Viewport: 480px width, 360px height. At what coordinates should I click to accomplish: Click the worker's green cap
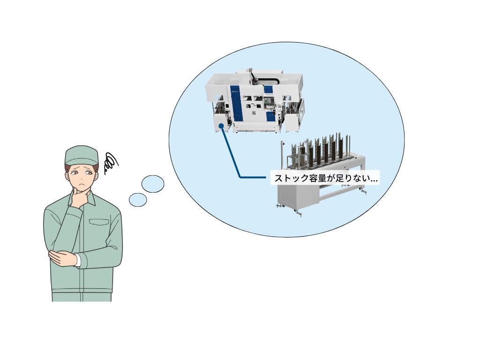coord(81,156)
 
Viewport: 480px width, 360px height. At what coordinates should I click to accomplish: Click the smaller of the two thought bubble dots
coord(138,200)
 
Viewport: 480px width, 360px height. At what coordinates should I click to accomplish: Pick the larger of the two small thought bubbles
coord(153,184)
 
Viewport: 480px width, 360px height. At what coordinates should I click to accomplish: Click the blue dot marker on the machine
coord(221,126)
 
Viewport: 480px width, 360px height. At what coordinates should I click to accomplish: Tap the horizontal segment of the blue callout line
coord(253,177)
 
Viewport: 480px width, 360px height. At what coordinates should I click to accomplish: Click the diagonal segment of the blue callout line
coord(231,151)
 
